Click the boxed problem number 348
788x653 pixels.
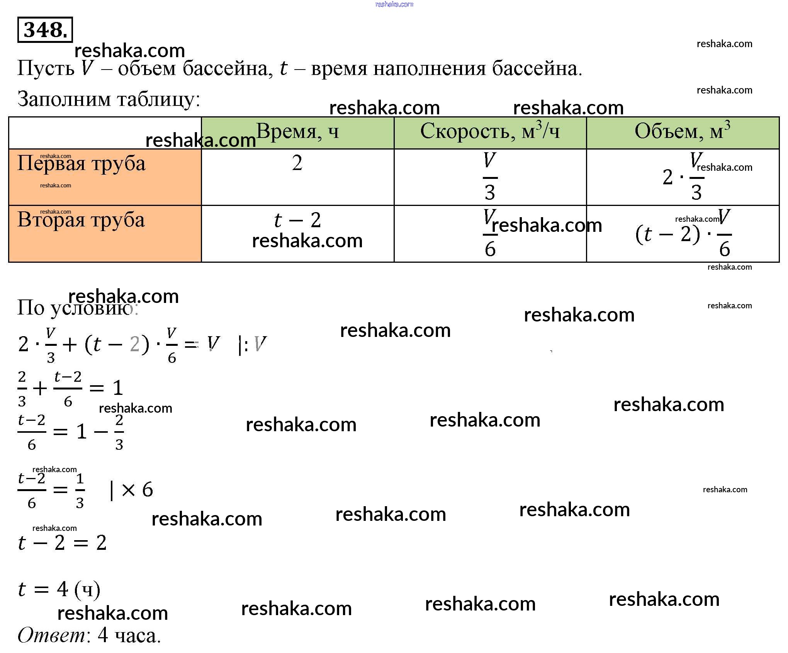click(45, 30)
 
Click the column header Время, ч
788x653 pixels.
click(297, 131)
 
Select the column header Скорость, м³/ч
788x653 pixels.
click(490, 131)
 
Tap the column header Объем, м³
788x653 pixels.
click(682, 131)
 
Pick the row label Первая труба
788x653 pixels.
click(82, 163)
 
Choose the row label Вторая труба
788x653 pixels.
click(81, 220)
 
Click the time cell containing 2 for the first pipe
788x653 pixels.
click(297, 163)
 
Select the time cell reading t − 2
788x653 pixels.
click(297, 220)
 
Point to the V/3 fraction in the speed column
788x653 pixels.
click(490, 177)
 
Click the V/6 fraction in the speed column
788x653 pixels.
click(490, 233)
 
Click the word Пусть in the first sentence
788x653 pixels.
click(46, 69)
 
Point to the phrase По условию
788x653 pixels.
click(77, 308)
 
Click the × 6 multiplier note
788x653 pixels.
click(137, 490)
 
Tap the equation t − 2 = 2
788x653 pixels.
click(62, 543)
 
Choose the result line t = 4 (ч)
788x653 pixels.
click(59, 590)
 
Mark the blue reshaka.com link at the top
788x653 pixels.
click(394, 4)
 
